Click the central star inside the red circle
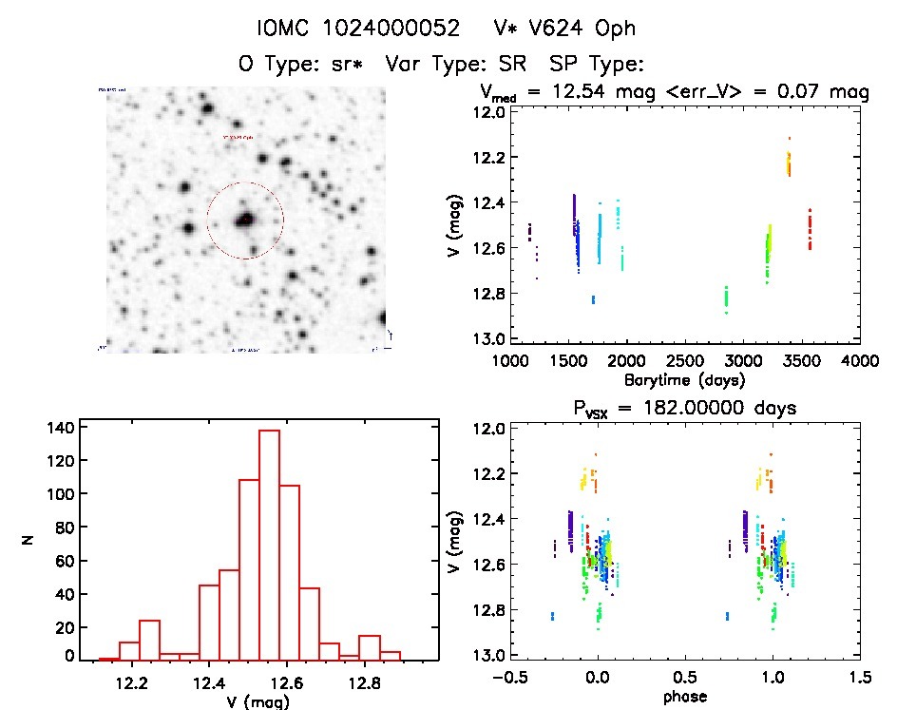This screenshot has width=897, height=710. click(x=245, y=220)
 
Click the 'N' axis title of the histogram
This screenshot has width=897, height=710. click(x=28, y=542)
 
